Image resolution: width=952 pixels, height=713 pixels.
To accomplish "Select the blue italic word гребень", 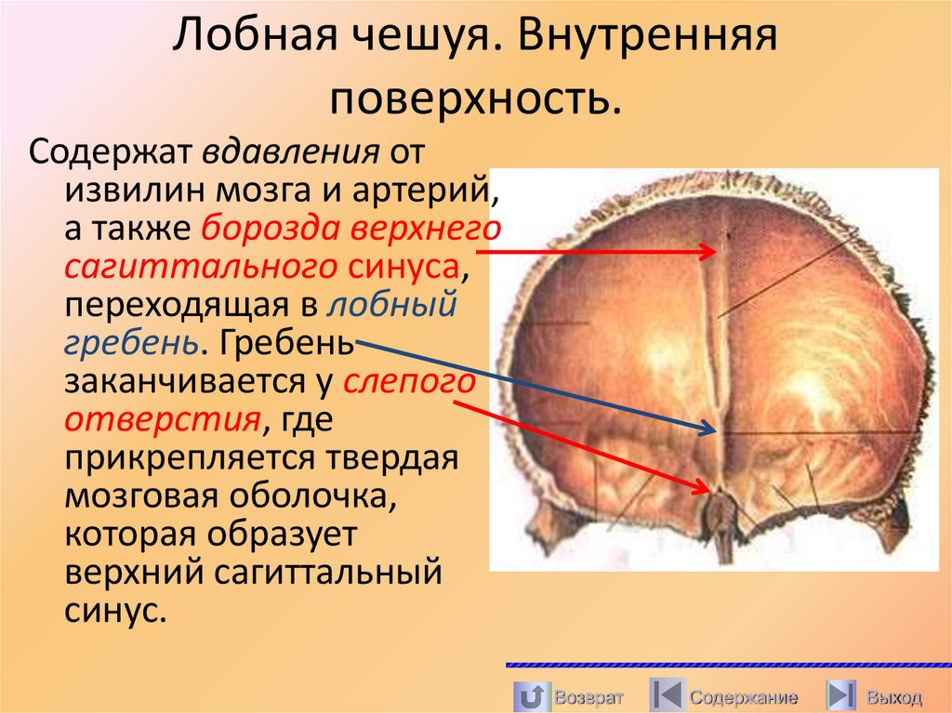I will coord(130,344).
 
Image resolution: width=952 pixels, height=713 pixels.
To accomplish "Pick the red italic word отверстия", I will coord(161,421).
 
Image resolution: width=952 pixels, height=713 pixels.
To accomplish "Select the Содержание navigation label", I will coord(743,697).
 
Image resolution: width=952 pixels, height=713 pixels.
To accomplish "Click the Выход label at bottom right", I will coord(893,697).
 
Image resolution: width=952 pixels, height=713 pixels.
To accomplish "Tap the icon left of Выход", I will coord(841,696).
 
